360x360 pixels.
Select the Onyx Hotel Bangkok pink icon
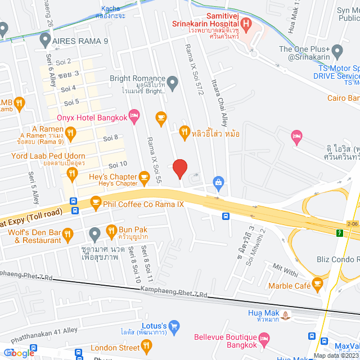pos(134,117)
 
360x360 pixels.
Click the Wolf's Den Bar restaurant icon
pos(68,233)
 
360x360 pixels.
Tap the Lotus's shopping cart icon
pos(174,326)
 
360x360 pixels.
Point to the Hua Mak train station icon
pos(287,314)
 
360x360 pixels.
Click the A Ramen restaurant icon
pos(70,133)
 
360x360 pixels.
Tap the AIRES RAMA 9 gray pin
pos(45,40)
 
